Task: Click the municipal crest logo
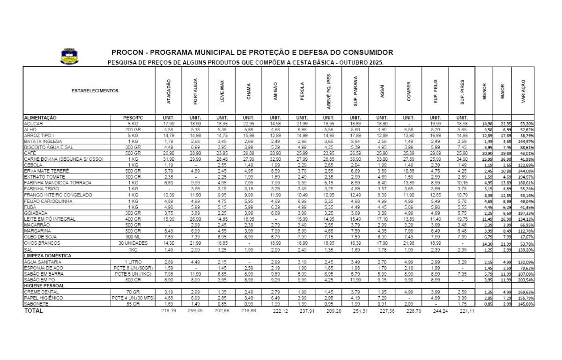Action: click(x=68, y=56)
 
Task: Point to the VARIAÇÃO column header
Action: click(x=524, y=91)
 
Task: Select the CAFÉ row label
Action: click(x=30, y=153)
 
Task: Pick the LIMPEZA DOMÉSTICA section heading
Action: click(x=47, y=256)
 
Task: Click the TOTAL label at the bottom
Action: click(x=33, y=310)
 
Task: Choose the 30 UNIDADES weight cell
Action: click(x=133, y=243)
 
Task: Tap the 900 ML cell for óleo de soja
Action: click(x=133, y=237)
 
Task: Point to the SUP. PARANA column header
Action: click(x=355, y=91)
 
